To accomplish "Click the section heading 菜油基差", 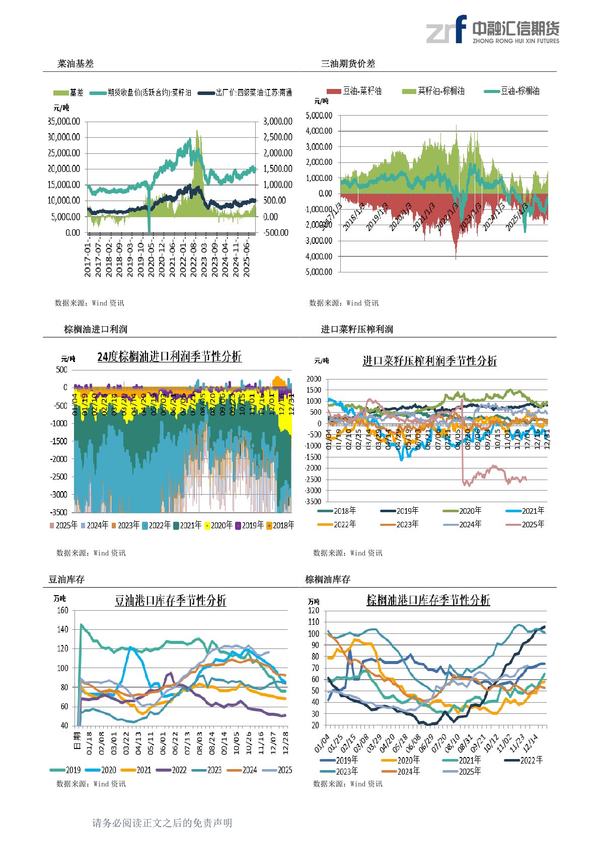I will click(x=76, y=64).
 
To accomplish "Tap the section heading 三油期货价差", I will click(x=348, y=64).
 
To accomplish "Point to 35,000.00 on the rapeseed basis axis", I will click(x=64, y=121).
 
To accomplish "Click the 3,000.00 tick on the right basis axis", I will click(x=277, y=121).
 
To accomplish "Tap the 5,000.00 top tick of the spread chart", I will click(x=319, y=115).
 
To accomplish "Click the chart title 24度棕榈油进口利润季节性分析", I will click(x=169, y=356).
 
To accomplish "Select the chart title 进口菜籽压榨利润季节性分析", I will click(x=429, y=361).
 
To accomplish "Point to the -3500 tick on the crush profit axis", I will click(x=313, y=502).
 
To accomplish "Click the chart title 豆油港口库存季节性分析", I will click(x=171, y=601).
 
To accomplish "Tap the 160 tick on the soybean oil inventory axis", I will click(x=62, y=610).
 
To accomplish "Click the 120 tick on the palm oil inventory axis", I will click(x=314, y=610).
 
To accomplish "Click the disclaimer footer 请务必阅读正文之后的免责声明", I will click(x=162, y=823).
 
